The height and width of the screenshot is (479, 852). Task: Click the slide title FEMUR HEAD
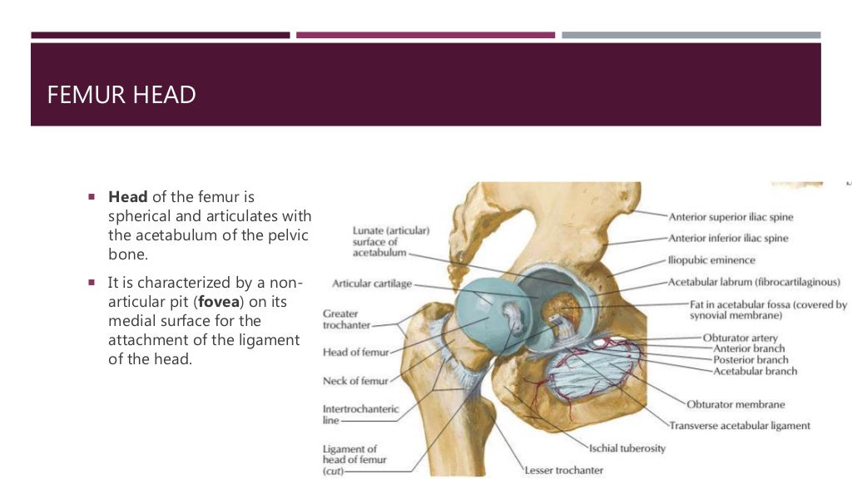tap(121, 95)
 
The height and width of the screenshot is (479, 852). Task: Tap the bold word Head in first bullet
tap(127, 197)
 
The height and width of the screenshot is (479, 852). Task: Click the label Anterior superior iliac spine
tap(731, 217)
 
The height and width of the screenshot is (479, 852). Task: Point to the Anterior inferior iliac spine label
tap(728, 238)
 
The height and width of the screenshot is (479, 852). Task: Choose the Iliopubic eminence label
tap(711, 260)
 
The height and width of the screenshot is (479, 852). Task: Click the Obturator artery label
tap(740, 338)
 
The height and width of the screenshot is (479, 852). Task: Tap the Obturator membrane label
tap(736, 404)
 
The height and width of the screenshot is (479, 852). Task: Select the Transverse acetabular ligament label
tap(739, 426)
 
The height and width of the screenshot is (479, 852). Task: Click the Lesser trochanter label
tap(563, 470)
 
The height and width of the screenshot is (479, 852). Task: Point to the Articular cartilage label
tap(371, 284)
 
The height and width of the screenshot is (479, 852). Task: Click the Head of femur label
tap(355, 352)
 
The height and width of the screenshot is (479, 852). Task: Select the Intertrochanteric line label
tap(360, 414)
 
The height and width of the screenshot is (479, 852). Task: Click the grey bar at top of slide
tap(691, 35)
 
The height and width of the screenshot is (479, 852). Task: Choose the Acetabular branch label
tap(755, 371)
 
